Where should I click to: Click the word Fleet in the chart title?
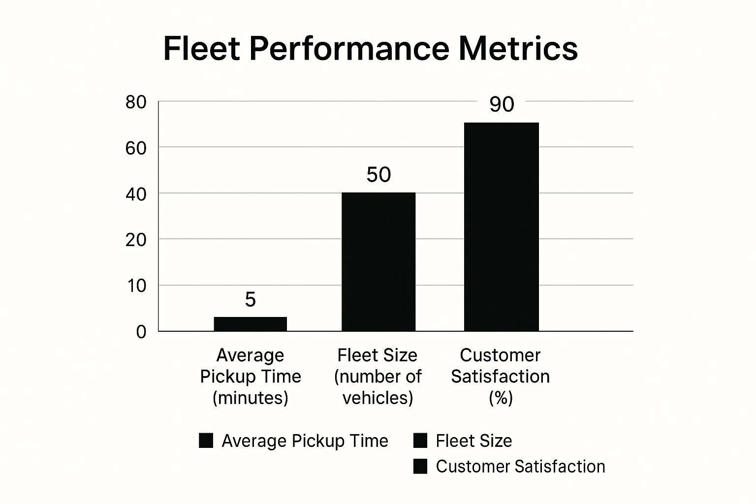click(x=201, y=48)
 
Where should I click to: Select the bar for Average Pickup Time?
click(x=250, y=324)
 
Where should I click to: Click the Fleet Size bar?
click(x=378, y=261)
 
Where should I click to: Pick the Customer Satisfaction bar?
click(x=501, y=226)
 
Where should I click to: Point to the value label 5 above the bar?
click(x=250, y=299)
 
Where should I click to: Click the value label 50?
click(x=378, y=175)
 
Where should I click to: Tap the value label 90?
click(x=502, y=104)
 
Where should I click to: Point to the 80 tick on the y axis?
click(x=136, y=102)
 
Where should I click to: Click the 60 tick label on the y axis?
click(x=136, y=148)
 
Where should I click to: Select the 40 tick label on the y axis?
click(x=136, y=194)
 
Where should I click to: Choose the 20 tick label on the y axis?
click(x=136, y=240)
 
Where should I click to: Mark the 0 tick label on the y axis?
click(x=141, y=332)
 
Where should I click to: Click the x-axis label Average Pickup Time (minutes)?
click(x=250, y=376)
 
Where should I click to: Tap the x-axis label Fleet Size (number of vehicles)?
click(x=378, y=376)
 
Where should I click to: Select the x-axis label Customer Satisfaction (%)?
click(x=500, y=376)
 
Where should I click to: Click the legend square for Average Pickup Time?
click(x=206, y=441)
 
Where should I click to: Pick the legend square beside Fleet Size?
click(x=420, y=441)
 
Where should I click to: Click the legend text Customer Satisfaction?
click(x=520, y=466)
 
